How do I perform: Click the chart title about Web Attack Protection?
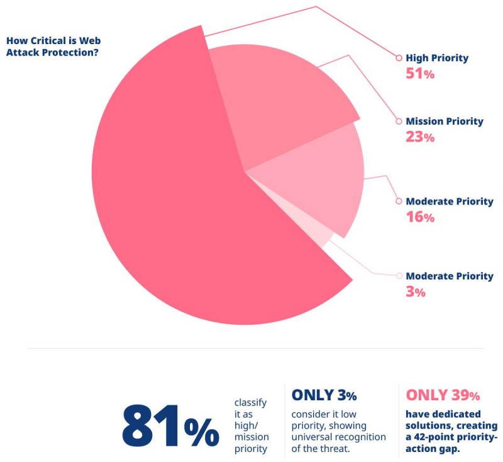(x=54, y=45)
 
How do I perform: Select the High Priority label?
(x=437, y=58)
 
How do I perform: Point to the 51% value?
(x=420, y=74)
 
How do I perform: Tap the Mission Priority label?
(x=445, y=121)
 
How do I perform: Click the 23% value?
(x=420, y=137)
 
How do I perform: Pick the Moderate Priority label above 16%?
(x=450, y=201)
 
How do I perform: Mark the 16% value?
(x=420, y=217)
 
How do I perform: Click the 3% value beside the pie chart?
(x=416, y=292)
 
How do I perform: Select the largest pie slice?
(x=170, y=208)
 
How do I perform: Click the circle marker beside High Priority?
(x=398, y=58)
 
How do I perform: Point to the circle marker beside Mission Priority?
(x=398, y=121)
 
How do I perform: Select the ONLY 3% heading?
(x=324, y=395)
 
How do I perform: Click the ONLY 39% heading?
(x=443, y=395)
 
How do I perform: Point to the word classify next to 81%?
(x=250, y=402)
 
